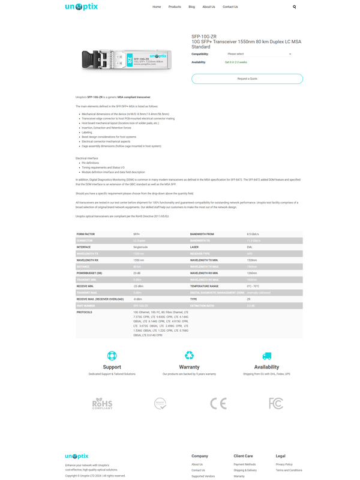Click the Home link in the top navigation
pyautogui.click(x=157, y=7)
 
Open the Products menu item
pyautogui.click(x=175, y=7)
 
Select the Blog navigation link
pyautogui.click(x=191, y=7)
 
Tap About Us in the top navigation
pyautogui.click(x=209, y=7)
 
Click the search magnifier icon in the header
pyautogui.click(x=294, y=7)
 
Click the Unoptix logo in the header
pyautogui.click(x=82, y=7)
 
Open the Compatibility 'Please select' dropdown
pyautogui.click(x=259, y=54)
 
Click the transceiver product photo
pyautogui.click(x=127, y=60)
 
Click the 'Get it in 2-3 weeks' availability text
pyautogui.click(x=236, y=62)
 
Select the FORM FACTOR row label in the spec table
pyautogui.click(x=86, y=234)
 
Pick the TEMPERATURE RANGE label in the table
pyautogui.click(x=205, y=286)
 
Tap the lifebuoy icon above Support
pyautogui.click(x=112, y=356)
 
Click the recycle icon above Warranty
pyautogui.click(x=189, y=356)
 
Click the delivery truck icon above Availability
pyautogui.click(x=266, y=356)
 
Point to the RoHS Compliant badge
pyautogui.click(x=102, y=403)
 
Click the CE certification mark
pyautogui.click(x=218, y=403)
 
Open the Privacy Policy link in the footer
pyautogui.click(x=284, y=464)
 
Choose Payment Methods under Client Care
pyautogui.click(x=245, y=464)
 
